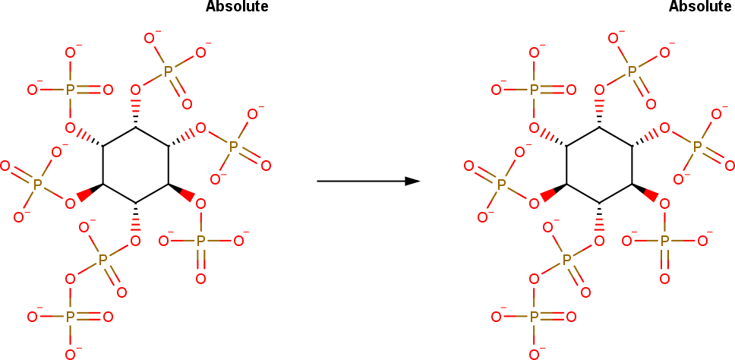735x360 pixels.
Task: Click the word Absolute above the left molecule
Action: click(236, 7)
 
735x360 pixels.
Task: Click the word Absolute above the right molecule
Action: click(700, 7)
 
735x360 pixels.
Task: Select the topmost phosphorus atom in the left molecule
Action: click(169, 71)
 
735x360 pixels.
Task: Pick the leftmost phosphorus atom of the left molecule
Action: click(36, 182)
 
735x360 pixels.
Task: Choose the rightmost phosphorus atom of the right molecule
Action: click(697, 146)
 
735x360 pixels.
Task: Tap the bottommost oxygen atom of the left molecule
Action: click(71, 354)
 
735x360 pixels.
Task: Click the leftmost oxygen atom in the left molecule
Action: click(5, 165)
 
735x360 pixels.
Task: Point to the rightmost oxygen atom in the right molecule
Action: click(729, 165)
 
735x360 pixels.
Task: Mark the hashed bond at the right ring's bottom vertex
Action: click(600, 221)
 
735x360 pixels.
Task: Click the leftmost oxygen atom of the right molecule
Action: click(468, 165)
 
